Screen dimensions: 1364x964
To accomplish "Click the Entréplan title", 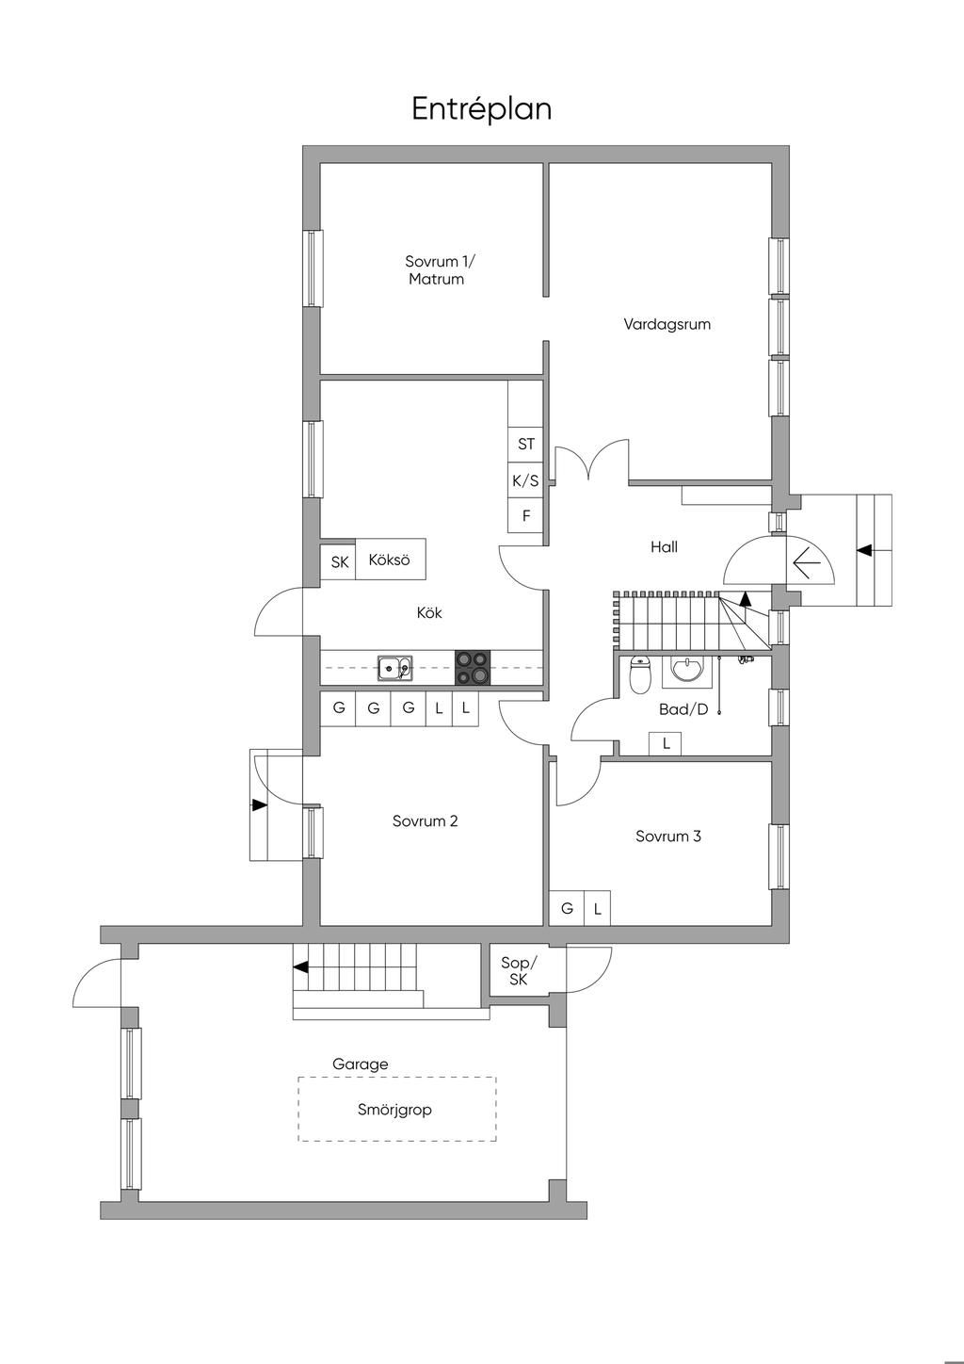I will [481, 109].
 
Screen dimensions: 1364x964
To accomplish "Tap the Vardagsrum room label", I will [667, 324].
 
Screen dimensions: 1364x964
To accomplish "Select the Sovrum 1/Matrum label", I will [437, 270].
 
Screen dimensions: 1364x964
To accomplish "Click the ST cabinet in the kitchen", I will [525, 444].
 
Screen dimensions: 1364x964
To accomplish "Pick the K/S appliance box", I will [525, 480].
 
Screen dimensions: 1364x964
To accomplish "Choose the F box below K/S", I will [525, 516].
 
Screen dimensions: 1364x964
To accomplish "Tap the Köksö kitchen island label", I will [390, 559].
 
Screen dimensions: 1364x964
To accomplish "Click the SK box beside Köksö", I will [339, 562].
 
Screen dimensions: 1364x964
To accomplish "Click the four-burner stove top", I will [473, 668].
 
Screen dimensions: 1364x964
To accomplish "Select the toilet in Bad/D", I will [641, 674].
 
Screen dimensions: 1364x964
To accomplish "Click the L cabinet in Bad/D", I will [667, 743].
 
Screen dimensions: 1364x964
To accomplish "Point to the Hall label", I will [664, 546].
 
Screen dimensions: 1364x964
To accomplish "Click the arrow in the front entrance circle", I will [808, 564].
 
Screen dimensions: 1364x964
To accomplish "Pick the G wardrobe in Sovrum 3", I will [567, 909].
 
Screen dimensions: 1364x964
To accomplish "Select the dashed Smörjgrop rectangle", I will [397, 1110].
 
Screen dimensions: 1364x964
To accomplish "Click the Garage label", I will [360, 1064].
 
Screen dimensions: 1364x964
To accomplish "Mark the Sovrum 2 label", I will [425, 820].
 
